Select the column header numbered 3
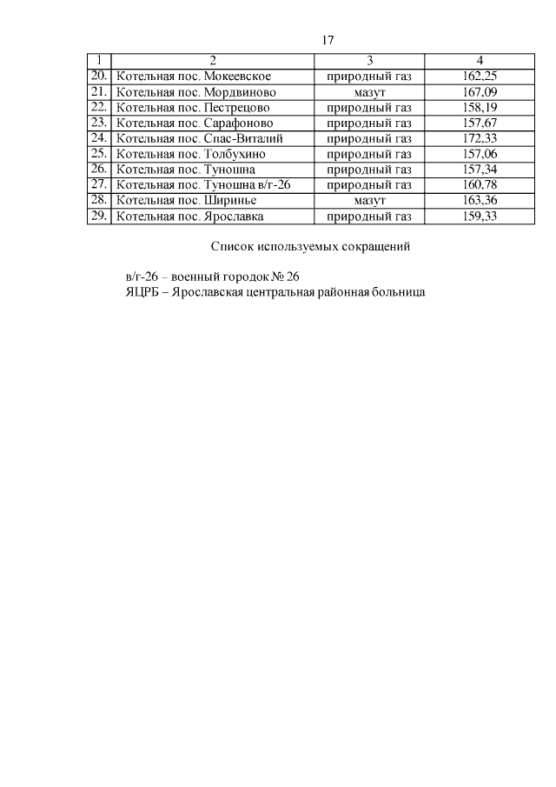[370, 60]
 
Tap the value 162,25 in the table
[480, 76]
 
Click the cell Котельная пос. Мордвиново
[184, 91]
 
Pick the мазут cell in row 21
[370, 91]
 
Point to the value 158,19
[480, 107]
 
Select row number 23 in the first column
[98, 123]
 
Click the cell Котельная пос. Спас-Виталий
[188, 138]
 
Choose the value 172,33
[480, 138]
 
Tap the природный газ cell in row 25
[370, 154]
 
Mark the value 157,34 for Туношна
[480, 170]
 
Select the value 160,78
[480, 185]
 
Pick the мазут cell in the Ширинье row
[370, 201]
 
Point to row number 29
[98, 217]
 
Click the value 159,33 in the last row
[480, 217]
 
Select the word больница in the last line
[399, 293]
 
